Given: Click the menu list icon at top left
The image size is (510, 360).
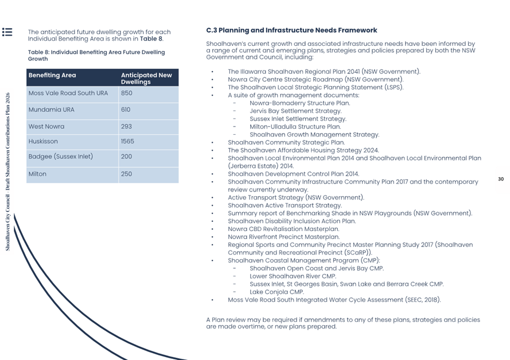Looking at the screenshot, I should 7,32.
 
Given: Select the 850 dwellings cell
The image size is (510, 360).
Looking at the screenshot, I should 126,93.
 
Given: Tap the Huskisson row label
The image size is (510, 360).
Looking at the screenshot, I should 43,141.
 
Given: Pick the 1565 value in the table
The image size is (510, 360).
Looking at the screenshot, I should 127,141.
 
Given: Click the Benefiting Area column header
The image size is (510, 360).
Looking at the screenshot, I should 52,75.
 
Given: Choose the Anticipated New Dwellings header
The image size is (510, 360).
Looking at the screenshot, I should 146,79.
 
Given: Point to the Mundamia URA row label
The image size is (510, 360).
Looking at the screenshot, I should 51,109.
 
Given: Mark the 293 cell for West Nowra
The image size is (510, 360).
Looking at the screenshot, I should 126,126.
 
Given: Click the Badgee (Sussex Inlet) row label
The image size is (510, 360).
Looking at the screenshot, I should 60,156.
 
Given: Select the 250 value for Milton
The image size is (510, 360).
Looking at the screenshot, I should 126,174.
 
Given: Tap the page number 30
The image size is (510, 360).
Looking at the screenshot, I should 500,179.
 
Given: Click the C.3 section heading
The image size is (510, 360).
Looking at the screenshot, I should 291,30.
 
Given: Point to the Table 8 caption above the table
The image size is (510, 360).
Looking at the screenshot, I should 96,56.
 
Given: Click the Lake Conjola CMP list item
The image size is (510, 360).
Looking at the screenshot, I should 277,292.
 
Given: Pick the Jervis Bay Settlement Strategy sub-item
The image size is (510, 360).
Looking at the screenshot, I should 295,111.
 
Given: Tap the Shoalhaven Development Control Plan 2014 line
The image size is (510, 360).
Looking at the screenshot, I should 293,174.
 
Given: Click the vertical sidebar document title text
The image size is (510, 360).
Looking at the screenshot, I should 8,172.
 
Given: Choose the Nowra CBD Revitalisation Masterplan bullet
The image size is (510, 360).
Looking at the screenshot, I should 283,229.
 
